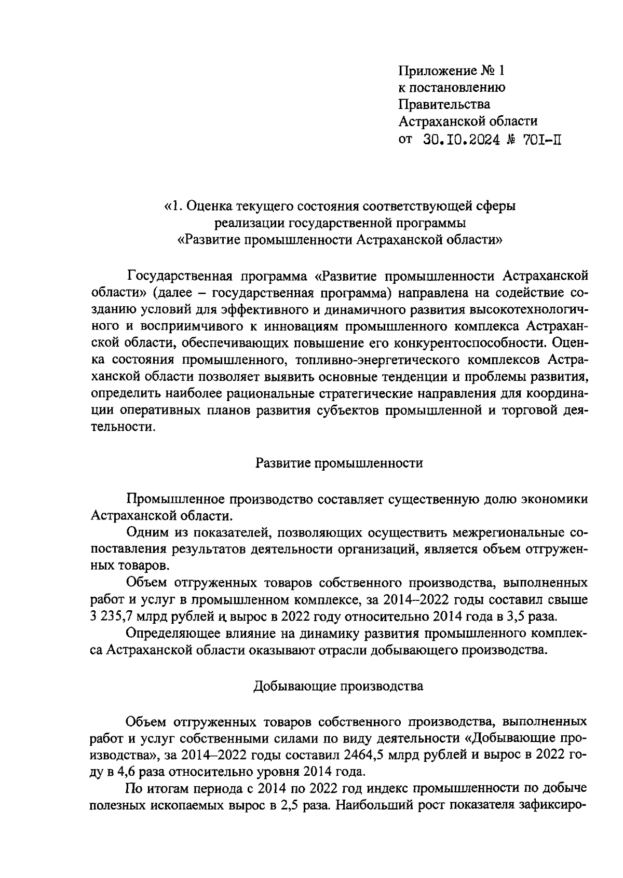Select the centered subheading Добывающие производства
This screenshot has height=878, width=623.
338,686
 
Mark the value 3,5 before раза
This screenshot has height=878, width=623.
522,617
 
